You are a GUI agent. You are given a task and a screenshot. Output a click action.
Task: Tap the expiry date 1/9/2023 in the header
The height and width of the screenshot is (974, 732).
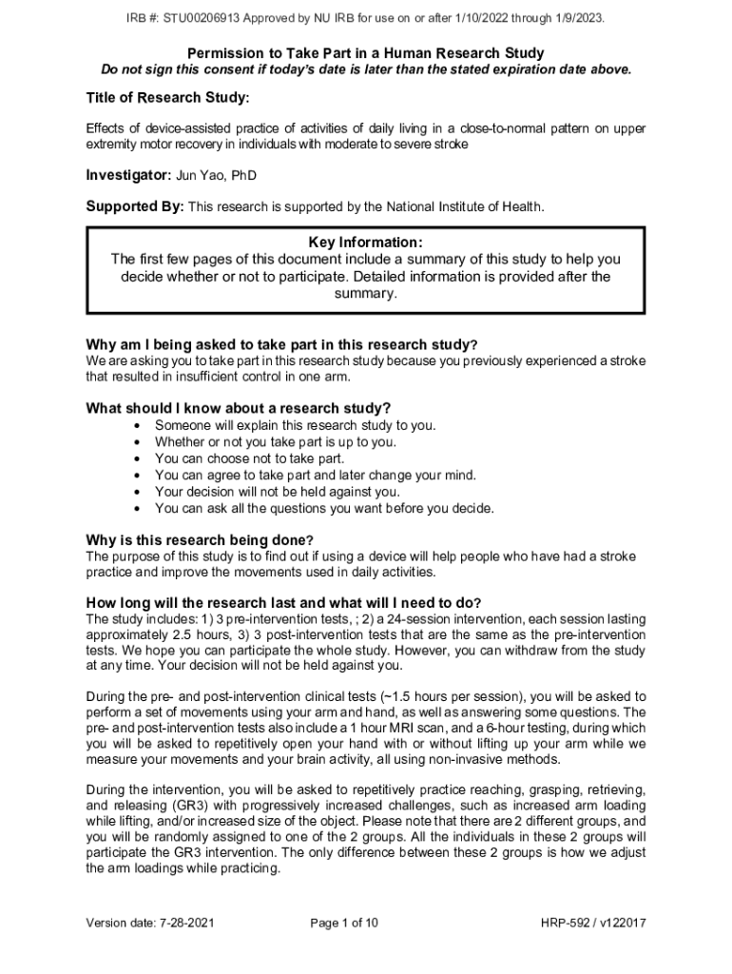575,18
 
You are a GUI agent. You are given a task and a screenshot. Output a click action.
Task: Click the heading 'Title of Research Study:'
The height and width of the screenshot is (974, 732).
168,98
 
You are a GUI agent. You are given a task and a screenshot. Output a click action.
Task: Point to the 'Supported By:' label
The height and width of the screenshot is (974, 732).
135,206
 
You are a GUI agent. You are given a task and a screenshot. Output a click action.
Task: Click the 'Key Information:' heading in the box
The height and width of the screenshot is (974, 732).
366,243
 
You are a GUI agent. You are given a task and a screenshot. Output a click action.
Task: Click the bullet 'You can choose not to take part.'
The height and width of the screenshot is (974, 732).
249,458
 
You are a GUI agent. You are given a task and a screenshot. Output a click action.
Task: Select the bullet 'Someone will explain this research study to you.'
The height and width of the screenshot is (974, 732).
296,425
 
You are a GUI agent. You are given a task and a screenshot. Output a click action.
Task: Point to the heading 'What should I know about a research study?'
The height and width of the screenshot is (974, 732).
239,408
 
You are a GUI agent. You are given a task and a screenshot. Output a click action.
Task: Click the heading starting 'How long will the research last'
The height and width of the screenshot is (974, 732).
283,603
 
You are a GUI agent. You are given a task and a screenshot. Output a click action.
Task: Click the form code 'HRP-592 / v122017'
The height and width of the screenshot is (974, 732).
594,923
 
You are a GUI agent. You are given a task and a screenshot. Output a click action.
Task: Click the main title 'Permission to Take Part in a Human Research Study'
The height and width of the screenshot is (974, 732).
366,53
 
